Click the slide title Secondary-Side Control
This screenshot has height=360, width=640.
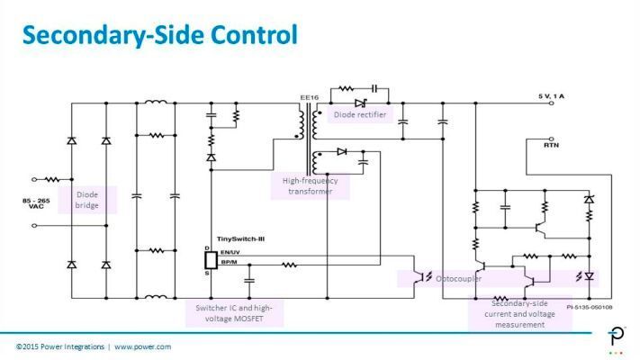pyautogui.click(x=159, y=35)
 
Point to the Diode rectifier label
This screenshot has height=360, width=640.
pyautogui.click(x=360, y=115)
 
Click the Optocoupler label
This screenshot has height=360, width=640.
pyautogui.click(x=458, y=278)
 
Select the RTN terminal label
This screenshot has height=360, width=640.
pyautogui.click(x=551, y=143)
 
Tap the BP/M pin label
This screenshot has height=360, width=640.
pyautogui.click(x=227, y=264)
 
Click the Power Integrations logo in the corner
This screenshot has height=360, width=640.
pyautogui.click(x=617, y=338)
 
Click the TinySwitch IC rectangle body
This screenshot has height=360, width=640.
pyautogui.click(x=212, y=260)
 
